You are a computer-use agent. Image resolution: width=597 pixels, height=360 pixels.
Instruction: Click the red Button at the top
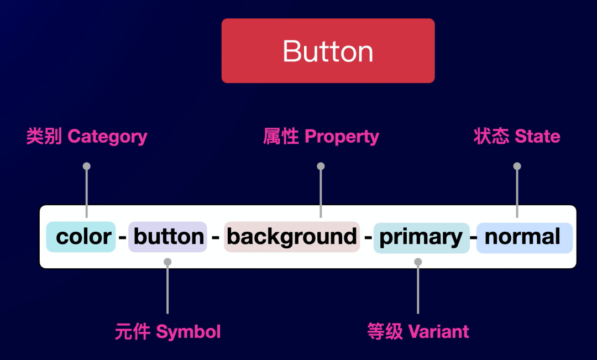328,51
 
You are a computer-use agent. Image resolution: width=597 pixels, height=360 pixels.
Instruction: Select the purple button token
168,237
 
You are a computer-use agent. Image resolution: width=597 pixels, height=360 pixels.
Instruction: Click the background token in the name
292,237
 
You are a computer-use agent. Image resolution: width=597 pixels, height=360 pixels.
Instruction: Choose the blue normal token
523,237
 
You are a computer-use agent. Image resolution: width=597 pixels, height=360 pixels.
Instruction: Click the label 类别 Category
87,137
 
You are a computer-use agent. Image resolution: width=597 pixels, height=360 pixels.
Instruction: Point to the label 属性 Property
321,137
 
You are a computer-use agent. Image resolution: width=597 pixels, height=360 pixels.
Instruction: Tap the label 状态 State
517,137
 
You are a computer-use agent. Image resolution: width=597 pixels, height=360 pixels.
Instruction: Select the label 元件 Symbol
167,332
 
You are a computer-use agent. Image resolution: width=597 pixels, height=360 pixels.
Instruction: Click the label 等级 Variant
418,332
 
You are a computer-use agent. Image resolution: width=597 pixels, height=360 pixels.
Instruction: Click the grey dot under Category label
86,166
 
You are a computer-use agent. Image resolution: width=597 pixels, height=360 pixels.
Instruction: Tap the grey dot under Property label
321,166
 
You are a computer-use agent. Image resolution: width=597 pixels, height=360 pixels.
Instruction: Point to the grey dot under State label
517,166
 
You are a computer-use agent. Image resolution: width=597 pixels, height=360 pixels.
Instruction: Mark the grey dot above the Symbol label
167,262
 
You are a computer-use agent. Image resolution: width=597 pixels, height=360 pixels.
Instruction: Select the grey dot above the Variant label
418,262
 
